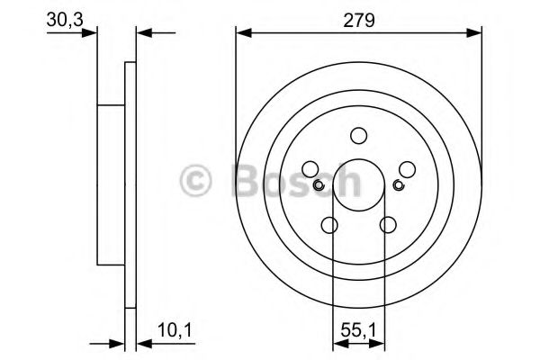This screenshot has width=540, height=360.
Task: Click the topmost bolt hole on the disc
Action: pos(359,135)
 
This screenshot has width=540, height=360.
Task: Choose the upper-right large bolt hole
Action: pos(407,169)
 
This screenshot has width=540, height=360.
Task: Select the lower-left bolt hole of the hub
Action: pos(330,225)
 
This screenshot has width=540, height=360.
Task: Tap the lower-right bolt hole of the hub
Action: pos(389,225)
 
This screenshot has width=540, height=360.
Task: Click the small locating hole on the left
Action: pos(319,186)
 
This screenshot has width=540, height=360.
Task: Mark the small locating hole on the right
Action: pos(399,186)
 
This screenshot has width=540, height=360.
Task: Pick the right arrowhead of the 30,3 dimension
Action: pos(142,32)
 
